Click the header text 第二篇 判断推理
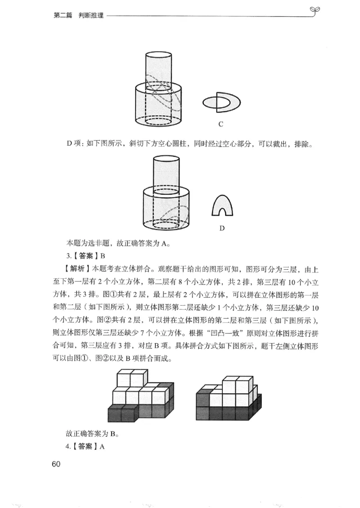click(78, 15)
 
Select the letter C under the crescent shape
click(221, 124)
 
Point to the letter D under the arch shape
click(222, 228)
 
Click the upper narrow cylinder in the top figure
click(158, 68)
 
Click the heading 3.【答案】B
click(85, 256)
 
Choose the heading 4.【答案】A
click(85, 447)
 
